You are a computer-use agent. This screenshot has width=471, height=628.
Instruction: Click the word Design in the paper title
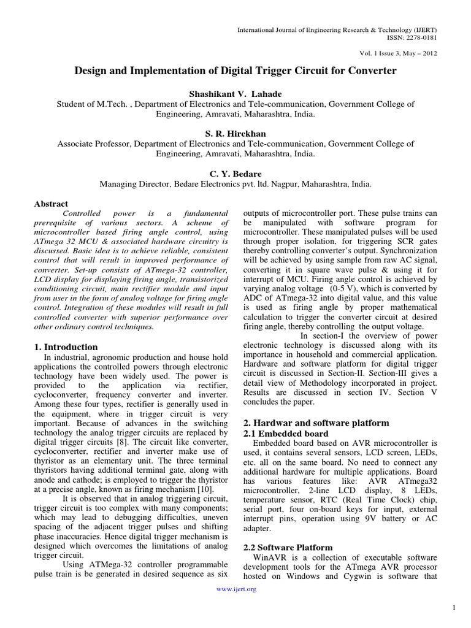91,71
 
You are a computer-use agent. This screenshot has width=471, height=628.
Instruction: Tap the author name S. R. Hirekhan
235,132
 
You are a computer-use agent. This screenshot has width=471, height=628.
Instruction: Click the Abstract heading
52,204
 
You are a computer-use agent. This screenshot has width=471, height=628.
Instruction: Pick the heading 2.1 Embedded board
277,433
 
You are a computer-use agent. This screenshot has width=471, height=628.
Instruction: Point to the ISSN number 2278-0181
421,37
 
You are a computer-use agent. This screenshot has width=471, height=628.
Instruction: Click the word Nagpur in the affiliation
265,183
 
